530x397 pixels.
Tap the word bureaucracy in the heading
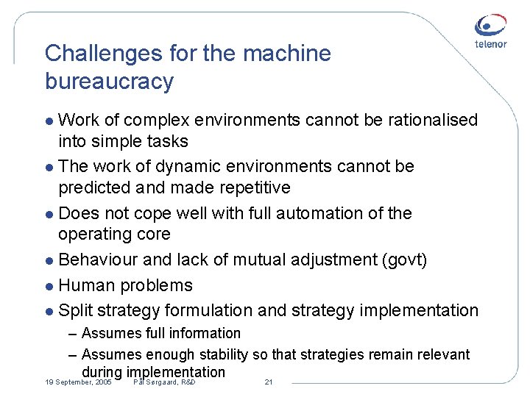pyautogui.click(x=109, y=81)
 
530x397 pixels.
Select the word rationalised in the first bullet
pyautogui.click(x=427, y=120)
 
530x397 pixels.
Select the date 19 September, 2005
pyautogui.click(x=78, y=383)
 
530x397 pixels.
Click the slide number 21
pyautogui.click(x=268, y=383)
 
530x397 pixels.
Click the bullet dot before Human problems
pyautogui.click(x=49, y=287)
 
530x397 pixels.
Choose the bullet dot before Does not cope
pyautogui.click(x=49, y=215)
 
